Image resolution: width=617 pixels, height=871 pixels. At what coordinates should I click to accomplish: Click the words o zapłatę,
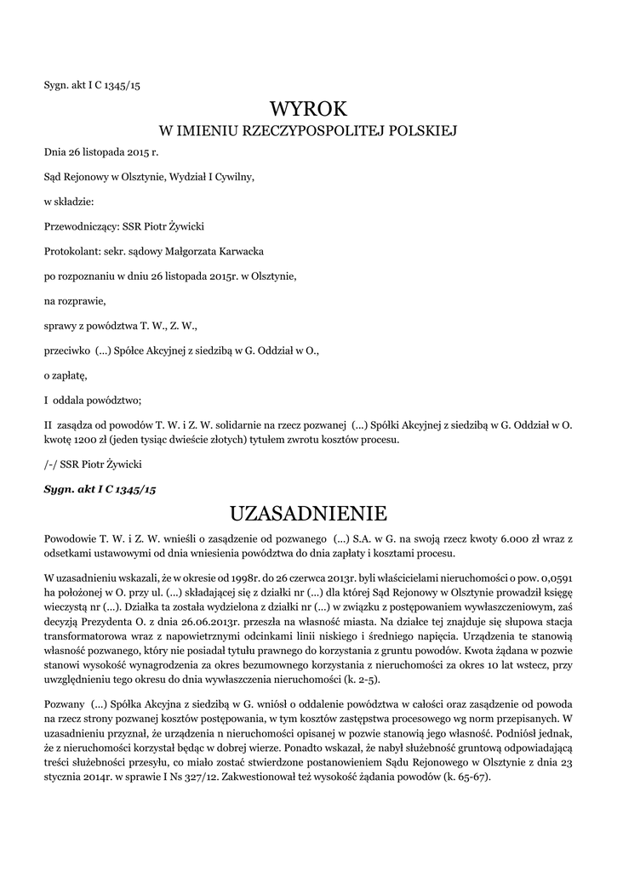coord(66,375)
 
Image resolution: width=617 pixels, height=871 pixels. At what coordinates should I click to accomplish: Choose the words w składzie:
coord(69,202)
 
